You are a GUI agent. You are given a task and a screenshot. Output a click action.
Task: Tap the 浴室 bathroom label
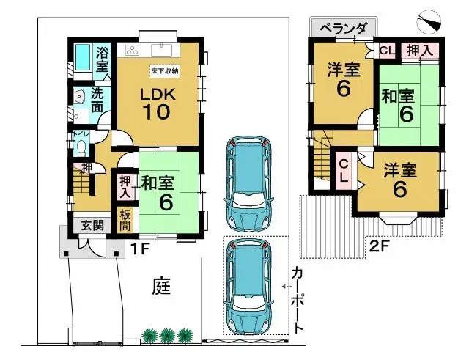pyautogui.click(x=103, y=59)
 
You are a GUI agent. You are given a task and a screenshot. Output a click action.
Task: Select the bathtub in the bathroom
pyautogui.click(x=83, y=56)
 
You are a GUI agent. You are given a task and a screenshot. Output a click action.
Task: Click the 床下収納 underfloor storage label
pyautogui.click(x=165, y=70)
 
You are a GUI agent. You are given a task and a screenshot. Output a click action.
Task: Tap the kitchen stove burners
pyautogui.click(x=133, y=51)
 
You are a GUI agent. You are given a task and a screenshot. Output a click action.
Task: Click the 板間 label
pyautogui.click(x=125, y=220)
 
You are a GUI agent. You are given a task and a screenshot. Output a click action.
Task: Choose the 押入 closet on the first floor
pyautogui.click(x=125, y=187)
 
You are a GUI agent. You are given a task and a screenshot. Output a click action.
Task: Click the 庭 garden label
pyautogui.click(x=162, y=284)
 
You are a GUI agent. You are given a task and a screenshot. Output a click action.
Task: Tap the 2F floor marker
pyautogui.click(x=379, y=246)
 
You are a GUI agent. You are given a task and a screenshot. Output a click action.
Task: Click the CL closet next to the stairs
pyautogui.click(x=342, y=169)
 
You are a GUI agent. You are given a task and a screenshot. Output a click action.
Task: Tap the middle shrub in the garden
pyautogui.click(x=167, y=335)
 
